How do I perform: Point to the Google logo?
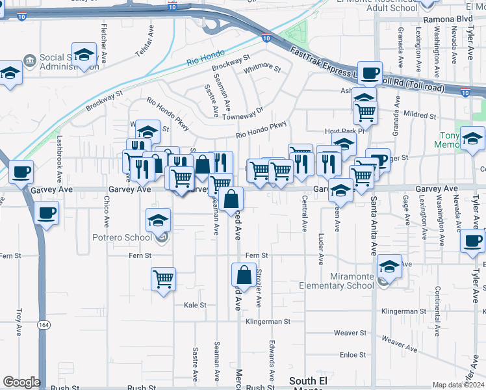[21, 382]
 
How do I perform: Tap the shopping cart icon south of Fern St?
[163, 279]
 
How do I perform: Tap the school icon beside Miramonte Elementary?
[389, 266]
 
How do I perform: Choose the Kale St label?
[195, 305]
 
